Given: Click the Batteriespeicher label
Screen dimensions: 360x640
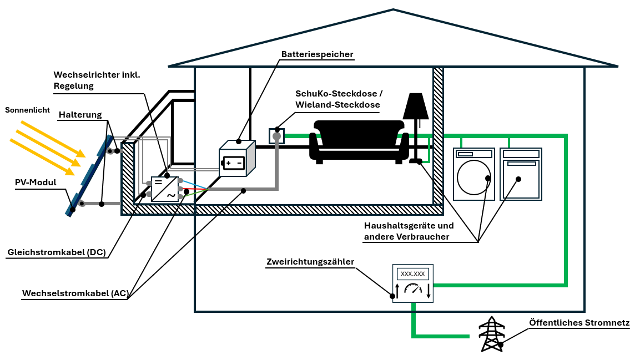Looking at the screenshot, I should point(317,54).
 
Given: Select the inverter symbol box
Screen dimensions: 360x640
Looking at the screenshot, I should point(165,189).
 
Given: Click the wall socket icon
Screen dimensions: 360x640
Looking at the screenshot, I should point(276,135).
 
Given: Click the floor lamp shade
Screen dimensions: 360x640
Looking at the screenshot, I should point(416,107).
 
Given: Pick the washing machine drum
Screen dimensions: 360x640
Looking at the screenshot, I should point(473,177).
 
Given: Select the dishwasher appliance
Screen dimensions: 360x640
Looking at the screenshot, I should point(521,174).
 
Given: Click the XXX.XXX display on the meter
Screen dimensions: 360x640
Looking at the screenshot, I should point(412,274).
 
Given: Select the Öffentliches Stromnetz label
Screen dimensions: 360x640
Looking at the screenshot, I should point(579,322).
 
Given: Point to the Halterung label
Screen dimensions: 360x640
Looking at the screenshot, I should point(80,115).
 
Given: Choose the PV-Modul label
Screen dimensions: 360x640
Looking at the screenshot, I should point(36,182).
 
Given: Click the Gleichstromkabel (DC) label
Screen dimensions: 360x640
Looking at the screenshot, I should point(56,252).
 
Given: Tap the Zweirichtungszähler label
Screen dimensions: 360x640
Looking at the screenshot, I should point(310,262).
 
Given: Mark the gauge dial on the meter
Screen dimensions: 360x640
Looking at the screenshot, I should point(413,288).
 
